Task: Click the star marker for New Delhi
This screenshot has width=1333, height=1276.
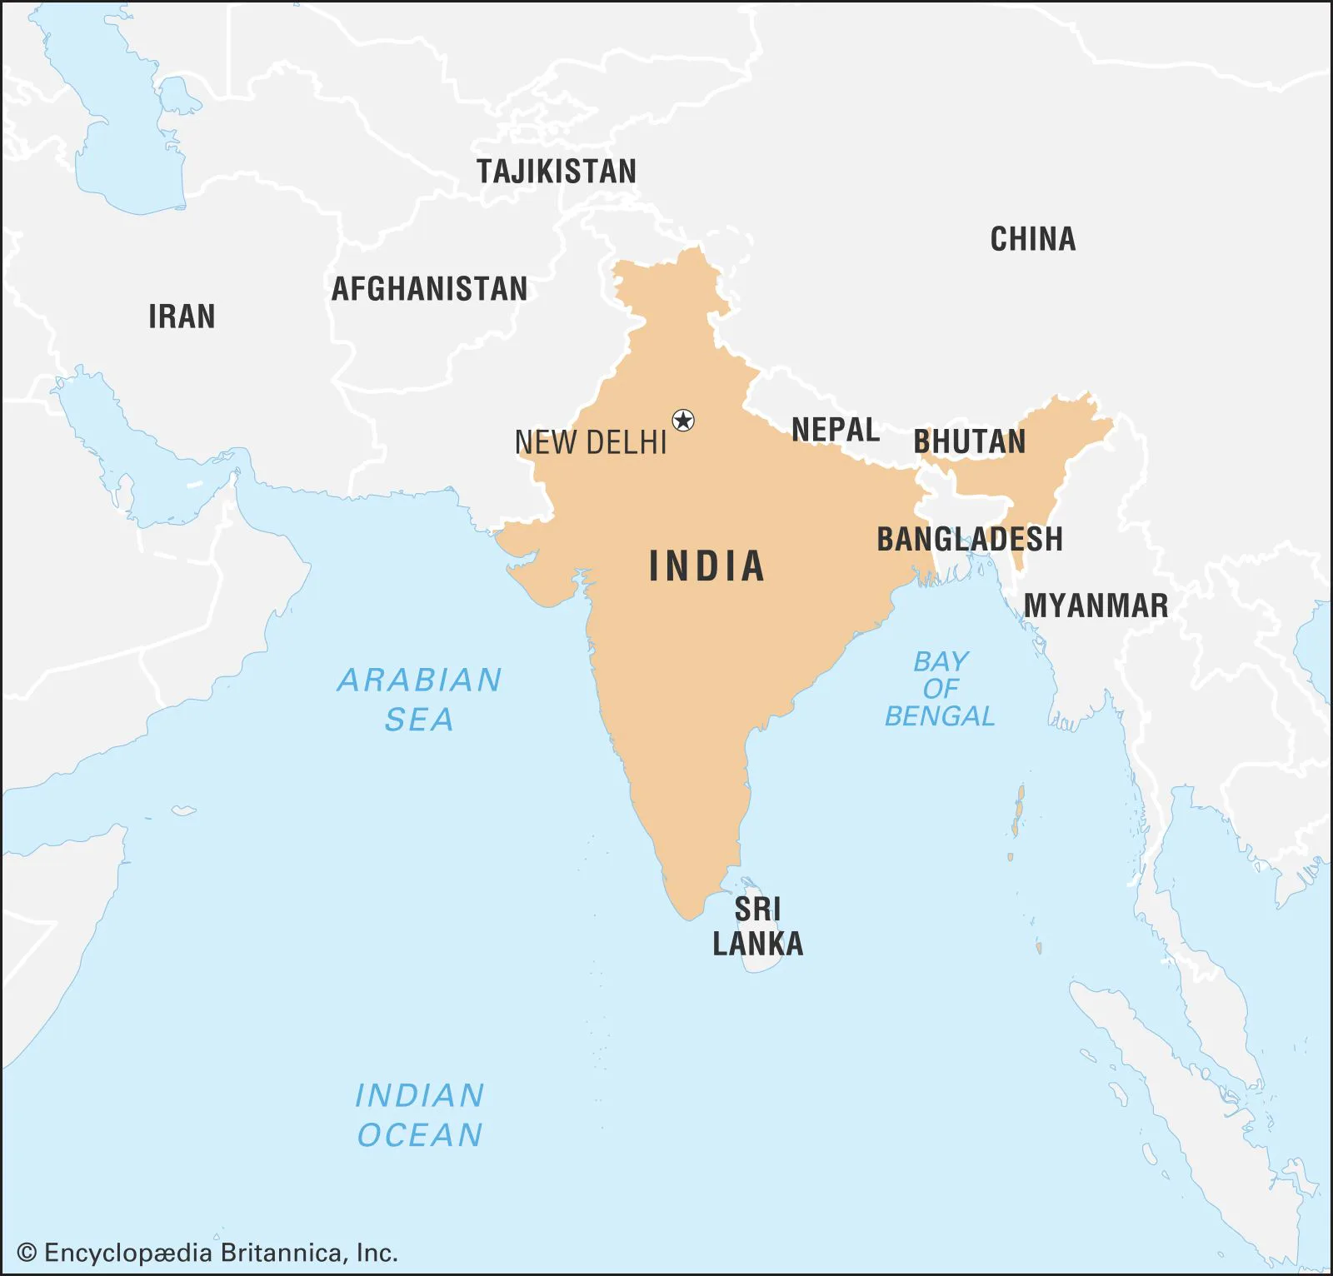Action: [x=683, y=421]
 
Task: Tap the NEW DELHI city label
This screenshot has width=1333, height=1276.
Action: [x=591, y=442]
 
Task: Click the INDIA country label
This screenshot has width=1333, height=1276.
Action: [x=706, y=566]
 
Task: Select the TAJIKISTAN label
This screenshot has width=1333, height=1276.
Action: [x=557, y=172]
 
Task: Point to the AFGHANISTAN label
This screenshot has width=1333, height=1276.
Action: [x=430, y=289]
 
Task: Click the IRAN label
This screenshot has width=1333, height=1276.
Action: [x=182, y=317]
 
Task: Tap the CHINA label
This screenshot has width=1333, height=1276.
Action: [x=1032, y=239]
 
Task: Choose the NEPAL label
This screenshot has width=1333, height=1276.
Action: [x=835, y=430]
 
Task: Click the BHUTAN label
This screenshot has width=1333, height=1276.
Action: [x=970, y=441]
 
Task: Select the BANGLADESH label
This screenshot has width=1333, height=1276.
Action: [x=970, y=539]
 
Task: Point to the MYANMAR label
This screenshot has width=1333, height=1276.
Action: [x=1096, y=606]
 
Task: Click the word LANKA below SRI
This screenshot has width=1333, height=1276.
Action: [x=757, y=944]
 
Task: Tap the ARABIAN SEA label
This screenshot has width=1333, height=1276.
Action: [x=419, y=699]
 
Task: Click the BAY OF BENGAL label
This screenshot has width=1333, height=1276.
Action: [x=940, y=689]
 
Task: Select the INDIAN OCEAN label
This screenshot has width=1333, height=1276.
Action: [x=420, y=1114]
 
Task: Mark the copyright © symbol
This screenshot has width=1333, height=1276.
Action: [x=27, y=1253]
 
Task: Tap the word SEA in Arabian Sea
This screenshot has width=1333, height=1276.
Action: [x=419, y=719]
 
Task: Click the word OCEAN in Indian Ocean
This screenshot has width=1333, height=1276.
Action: [x=420, y=1135]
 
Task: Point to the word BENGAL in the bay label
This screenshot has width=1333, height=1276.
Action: [x=940, y=716]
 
